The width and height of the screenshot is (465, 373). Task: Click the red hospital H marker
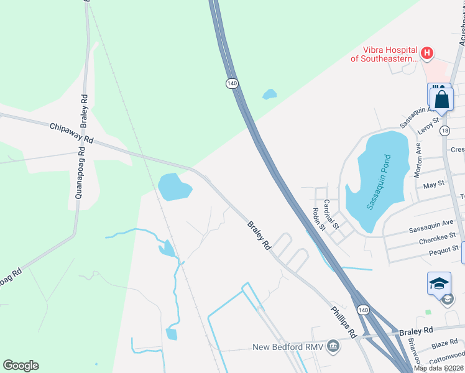426,53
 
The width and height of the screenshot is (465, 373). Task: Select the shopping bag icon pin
441,99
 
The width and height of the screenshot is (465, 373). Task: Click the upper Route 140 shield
232,83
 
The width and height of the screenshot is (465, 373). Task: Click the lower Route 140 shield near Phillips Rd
363,310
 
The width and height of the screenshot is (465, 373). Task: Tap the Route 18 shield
444,131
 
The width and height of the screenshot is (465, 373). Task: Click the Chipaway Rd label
71,134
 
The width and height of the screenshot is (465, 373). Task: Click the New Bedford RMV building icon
334,346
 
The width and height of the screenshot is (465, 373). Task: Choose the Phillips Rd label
343,321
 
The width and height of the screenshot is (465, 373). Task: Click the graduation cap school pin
439,283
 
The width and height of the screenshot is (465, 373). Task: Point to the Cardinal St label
330,213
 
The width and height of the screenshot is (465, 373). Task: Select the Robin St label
319,218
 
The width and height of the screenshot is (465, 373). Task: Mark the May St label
433,185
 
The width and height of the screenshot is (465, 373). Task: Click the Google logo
21,366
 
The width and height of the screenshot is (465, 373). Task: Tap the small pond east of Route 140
269,94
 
